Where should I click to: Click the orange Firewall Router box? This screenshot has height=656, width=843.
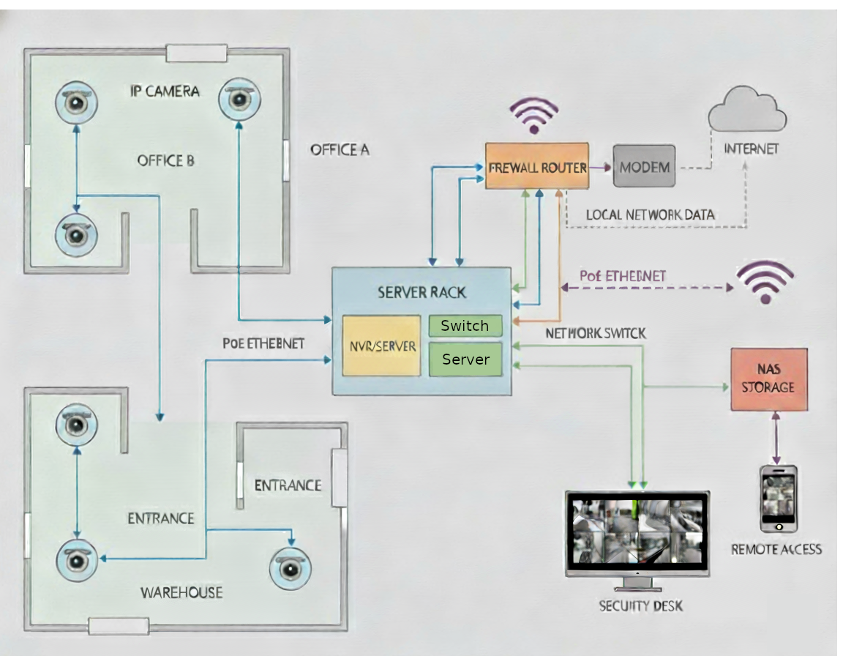click(537, 167)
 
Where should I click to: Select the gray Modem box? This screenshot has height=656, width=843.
click(644, 167)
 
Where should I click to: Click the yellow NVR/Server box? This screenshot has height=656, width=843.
click(381, 346)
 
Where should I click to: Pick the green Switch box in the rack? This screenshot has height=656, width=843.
click(465, 326)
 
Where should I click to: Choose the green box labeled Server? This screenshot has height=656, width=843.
click(465, 359)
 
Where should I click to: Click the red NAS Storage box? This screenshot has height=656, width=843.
click(768, 379)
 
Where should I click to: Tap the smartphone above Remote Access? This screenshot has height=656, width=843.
click(778, 498)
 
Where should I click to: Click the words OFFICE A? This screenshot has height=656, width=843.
click(340, 150)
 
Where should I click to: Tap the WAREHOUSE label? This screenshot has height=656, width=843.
click(181, 592)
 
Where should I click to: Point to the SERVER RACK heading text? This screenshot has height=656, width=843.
click(421, 293)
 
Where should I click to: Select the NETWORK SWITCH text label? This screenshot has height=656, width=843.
click(596, 333)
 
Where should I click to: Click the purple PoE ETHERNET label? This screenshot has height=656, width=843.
click(623, 276)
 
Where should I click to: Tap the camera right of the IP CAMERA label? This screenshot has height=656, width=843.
click(239, 98)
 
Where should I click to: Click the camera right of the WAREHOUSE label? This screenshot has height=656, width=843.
click(291, 567)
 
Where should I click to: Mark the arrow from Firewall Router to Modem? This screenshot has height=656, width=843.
click(601, 167)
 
